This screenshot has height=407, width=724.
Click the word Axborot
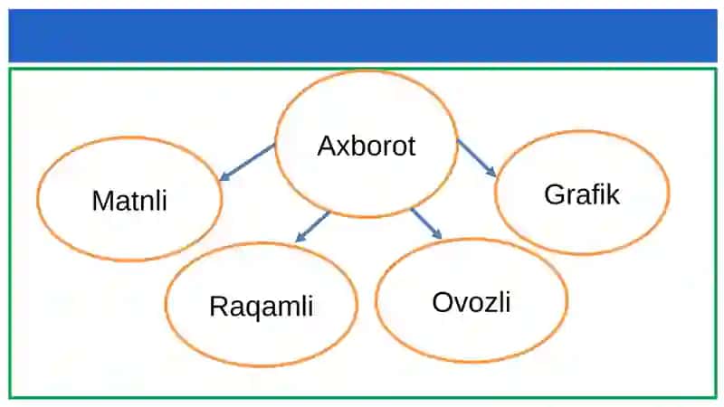tap(367, 146)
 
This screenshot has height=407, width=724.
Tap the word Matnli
tap(129, 201)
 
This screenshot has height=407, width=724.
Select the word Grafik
tap(581, 194)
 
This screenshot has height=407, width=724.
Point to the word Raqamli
tap(262, 307)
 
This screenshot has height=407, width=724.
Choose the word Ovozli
tap(472, 302)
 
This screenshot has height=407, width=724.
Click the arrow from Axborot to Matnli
tap(246, 162)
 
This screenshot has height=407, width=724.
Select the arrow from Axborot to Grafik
tap(477, 157)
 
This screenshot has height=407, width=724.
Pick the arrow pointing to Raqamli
tap(312, 227)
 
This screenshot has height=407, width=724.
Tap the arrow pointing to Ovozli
tap(426, 223)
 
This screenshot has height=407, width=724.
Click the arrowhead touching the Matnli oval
tap(224, 175)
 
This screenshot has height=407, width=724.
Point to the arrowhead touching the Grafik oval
tap(491, 172)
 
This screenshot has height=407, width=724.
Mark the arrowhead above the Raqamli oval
tap(300, 237)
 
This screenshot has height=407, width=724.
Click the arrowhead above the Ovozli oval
tap(437, 234)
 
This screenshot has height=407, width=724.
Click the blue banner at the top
tap(363, 35)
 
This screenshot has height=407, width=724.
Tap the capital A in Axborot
tap(327, 146)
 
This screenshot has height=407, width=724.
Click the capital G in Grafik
tap(554, 194)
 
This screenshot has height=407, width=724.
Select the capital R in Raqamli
tap(219, 306)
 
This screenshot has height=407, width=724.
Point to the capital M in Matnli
tap(102, 201)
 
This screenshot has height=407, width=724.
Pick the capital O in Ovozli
tap(443, 302)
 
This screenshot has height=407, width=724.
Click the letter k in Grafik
tap(614, 194)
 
